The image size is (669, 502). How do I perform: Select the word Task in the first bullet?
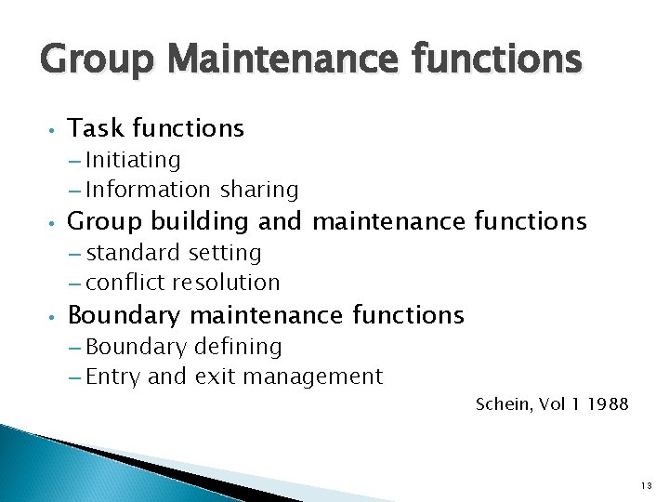click(x=97, y=128)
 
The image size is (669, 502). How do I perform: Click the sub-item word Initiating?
click(x=133, y=161)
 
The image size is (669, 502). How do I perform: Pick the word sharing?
click(x=259, y=191)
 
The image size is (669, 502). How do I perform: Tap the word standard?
click(x=135, y=253)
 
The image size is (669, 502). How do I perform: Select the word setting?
click(x=225, y=254)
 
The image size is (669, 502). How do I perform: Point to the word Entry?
click(x=112, y=377)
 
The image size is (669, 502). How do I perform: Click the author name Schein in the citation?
click(x=502, y=403)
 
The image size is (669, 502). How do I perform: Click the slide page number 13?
click(x=647, y=485)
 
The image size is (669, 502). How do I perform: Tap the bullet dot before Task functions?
click(x=55, y=130)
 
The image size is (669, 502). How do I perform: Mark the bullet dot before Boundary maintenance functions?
click(x=55, y=317)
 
